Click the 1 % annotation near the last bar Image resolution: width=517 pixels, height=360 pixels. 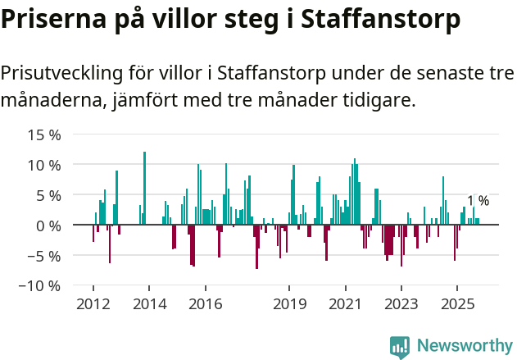(x=478, y=201)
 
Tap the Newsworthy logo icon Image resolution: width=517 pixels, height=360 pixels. (x=400, y=346)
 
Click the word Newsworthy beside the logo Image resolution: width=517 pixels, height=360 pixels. (x=465, y=346)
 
